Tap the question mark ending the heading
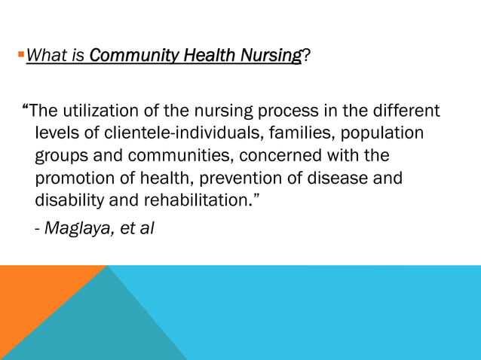tap(305, 55)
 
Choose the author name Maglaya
tap(79, 227)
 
